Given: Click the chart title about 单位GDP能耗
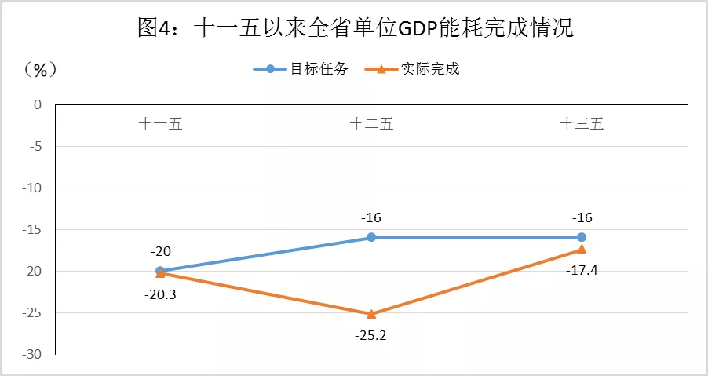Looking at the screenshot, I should pyautogui.click(x=355, y=29).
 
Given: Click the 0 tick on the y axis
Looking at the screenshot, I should pyautogui.click(x=36, y=104).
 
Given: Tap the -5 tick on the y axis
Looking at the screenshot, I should pyautogui.click(x=34, y=146).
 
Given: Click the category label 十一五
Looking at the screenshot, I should pyautogui.click(x=160, y=124).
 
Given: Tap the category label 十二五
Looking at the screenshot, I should pyautogui.click(x=371, y=124).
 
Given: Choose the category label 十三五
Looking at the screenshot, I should pyautogui.click(x=582, y=124).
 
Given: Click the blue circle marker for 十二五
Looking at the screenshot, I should pyautogui.click(x=371, y=237).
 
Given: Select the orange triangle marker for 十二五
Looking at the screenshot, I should pyautogui.click(x=371, y=314).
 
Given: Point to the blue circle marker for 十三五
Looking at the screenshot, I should pyautogui.click(x=582, y=237).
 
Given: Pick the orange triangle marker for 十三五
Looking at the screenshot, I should pyautogui.click(x=582, y=249).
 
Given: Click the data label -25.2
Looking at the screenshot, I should pyautogui.click(x=371, y=336).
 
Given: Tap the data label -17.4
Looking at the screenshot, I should pyautogui.click(x=582, y=271).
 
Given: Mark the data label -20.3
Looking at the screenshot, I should pyautogui.click(x=160, y=294).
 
